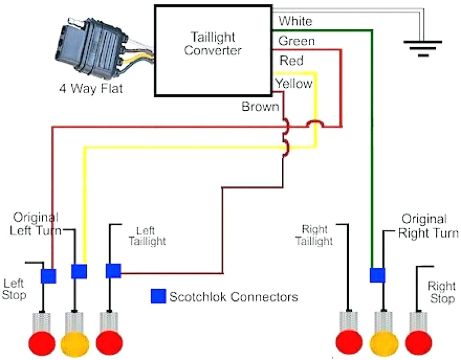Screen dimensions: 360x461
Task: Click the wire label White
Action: pos(295,21)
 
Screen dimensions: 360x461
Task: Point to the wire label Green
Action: pos(297,41)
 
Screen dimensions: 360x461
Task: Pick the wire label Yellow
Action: pos(294,84)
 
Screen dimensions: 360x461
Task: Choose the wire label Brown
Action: pos(260,107)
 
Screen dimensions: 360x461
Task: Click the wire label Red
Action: pos(291,60)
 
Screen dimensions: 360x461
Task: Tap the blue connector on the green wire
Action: pos(377,274)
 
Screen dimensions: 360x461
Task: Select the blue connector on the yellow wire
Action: pos(79,271)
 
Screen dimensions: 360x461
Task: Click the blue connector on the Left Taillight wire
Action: pos(113,271)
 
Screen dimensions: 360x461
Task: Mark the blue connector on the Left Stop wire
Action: pos(48,275)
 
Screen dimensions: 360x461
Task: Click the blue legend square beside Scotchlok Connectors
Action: pos(158,296)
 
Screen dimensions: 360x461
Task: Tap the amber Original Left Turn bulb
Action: pos(74,344)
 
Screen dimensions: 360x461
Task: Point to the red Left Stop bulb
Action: pos(42,344)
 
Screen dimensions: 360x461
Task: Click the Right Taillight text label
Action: pos(314,235)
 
